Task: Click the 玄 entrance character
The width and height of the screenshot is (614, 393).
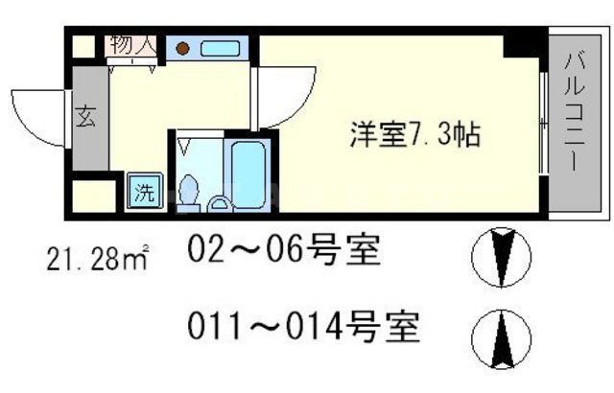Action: pyautogui.click(x=84, y=119)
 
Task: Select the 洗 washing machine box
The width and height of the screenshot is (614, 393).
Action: pyautogui.click(x=143, y=191)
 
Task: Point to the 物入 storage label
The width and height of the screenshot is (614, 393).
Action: pyautogui.click(x=132, y=45)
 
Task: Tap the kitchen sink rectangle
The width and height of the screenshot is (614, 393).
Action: pyautogui.click(x=221, y=48)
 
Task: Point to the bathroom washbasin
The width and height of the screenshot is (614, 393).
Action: pyautogui.click(x=220, y=202)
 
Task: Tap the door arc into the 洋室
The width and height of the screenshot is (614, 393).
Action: pyautogui.click(x=280, y=96)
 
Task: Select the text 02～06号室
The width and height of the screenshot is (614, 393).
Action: pyautogui.click(x=285, y=253)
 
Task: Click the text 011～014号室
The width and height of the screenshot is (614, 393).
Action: pyautogui.click(x=303, y=329)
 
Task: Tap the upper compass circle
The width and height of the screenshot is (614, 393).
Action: pyautogui.click(x=501, y=256)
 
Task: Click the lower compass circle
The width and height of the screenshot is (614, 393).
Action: pyautogui.click(x=501, y=335)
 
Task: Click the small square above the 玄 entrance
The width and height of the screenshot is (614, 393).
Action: pyautogui.click(x=83, y=46)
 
